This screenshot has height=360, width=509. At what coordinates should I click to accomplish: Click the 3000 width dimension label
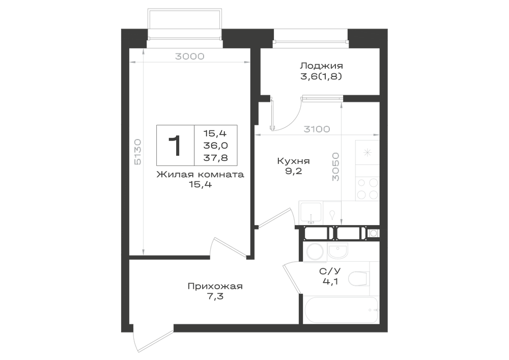[x=189, y=57]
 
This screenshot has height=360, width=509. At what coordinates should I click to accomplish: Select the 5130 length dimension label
[x=137, y=152]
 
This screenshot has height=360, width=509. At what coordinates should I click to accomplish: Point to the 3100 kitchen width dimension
[x=317, y=129]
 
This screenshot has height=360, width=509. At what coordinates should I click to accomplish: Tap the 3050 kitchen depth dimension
[x=335, y=167]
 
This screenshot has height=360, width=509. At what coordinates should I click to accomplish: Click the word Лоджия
[x=321, y=66]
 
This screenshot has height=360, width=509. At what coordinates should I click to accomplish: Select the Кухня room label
[x=294, y=161]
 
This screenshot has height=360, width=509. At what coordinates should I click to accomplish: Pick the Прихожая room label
[x=215, y=286]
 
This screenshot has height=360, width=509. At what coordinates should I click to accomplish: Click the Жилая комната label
[x=200, y=174]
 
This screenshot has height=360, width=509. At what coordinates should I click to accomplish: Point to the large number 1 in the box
[x=175, y=146]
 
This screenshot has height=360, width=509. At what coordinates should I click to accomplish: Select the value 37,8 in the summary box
[x=215, y=158]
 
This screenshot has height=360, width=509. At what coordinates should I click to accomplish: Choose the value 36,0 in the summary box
[x=215, y=146]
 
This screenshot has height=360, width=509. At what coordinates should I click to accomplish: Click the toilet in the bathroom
[x=359, y=278]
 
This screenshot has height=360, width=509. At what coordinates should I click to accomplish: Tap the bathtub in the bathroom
[x=341, y=310]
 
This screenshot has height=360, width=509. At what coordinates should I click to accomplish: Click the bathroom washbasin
[x=337, y=251]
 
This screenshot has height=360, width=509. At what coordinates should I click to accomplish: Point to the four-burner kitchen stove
[x=367, y=188]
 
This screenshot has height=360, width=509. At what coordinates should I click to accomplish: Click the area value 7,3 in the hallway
[x=215, y=296]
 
